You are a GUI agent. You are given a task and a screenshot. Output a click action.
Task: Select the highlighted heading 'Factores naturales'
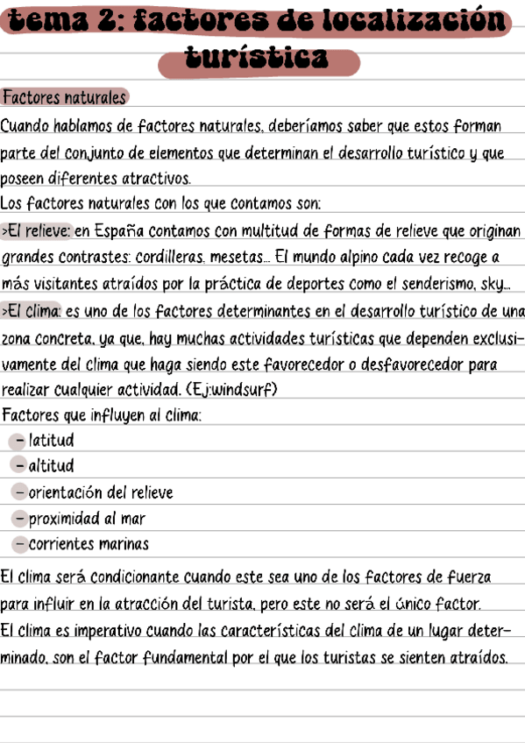click(64, 96)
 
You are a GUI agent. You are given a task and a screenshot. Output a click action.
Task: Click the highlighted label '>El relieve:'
click(37, 231)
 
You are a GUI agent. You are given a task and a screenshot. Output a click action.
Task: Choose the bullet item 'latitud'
click(52, 440)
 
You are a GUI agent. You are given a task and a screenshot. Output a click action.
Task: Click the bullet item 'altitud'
click(52, 465)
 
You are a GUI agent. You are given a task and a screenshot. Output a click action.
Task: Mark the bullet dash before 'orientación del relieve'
click(19, 492)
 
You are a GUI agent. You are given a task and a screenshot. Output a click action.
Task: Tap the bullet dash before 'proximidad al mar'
click(19, 518)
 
